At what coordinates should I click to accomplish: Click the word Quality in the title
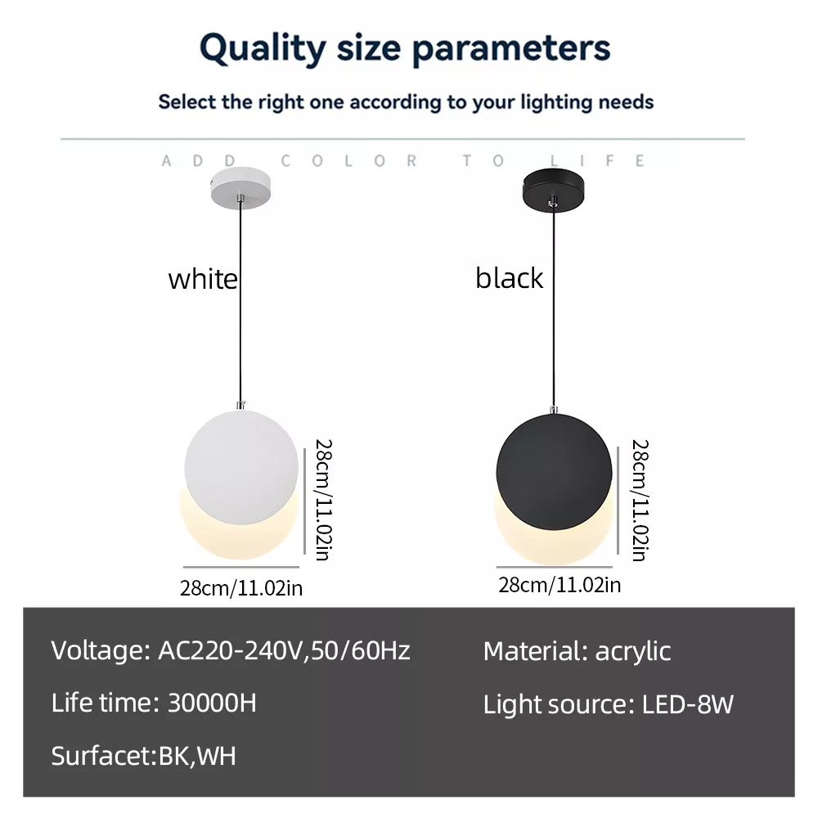[262, 49]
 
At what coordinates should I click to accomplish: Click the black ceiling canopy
[555, 185]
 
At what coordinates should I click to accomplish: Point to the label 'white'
[203, 279]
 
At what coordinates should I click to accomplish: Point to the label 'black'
[509, 278]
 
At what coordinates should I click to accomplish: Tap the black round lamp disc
[553, 474]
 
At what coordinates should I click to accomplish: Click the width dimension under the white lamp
[241, 587]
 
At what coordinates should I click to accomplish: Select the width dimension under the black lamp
[560, 585]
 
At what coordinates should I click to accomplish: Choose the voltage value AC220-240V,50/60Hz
[281, 651]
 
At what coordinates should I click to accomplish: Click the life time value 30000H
[212, 703]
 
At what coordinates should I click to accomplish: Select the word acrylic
[633, 651]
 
